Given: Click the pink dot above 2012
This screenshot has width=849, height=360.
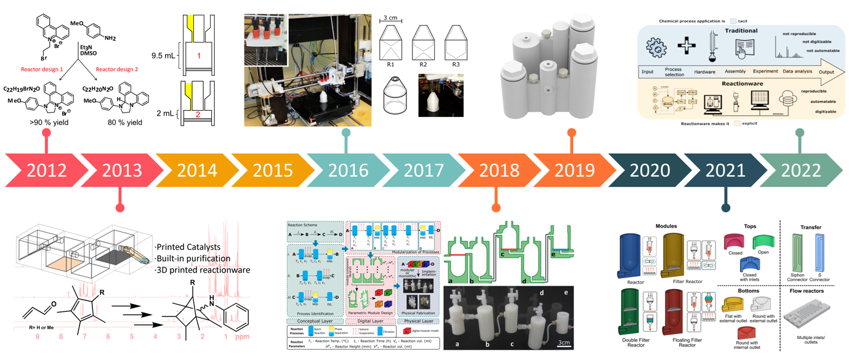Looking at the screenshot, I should point(46,133).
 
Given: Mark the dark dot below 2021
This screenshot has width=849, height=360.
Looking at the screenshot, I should point(725,207).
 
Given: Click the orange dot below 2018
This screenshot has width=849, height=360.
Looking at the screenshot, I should point(496,207).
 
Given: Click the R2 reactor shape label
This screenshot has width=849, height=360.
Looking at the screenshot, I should point(423,64).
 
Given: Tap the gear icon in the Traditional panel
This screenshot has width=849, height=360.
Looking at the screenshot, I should point(656,47).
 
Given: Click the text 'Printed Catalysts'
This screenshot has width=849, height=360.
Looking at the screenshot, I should point(187,247).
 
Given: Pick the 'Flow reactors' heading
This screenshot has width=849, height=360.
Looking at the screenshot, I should point(811,292).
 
